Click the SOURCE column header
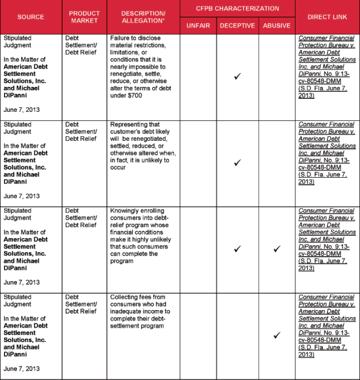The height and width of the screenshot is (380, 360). click(x=31, y=17)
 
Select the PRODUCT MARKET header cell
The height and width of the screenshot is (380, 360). click(x=84, y=17)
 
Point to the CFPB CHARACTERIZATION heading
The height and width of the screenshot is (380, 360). click(x=237, y=9)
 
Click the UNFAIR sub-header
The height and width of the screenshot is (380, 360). click(x=198, y=26)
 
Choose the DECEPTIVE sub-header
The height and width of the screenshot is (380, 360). click(x=237, y=26)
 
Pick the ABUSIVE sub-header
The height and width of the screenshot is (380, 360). click(x=276, y=26)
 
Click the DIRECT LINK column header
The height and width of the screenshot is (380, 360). click(x=327, y=17)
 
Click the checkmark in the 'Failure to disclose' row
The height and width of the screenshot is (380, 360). click(x=237, y=76)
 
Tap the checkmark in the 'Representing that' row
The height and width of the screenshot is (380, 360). click(x=237, y=163)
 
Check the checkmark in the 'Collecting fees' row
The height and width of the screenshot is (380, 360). click(x=276, y=335)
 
